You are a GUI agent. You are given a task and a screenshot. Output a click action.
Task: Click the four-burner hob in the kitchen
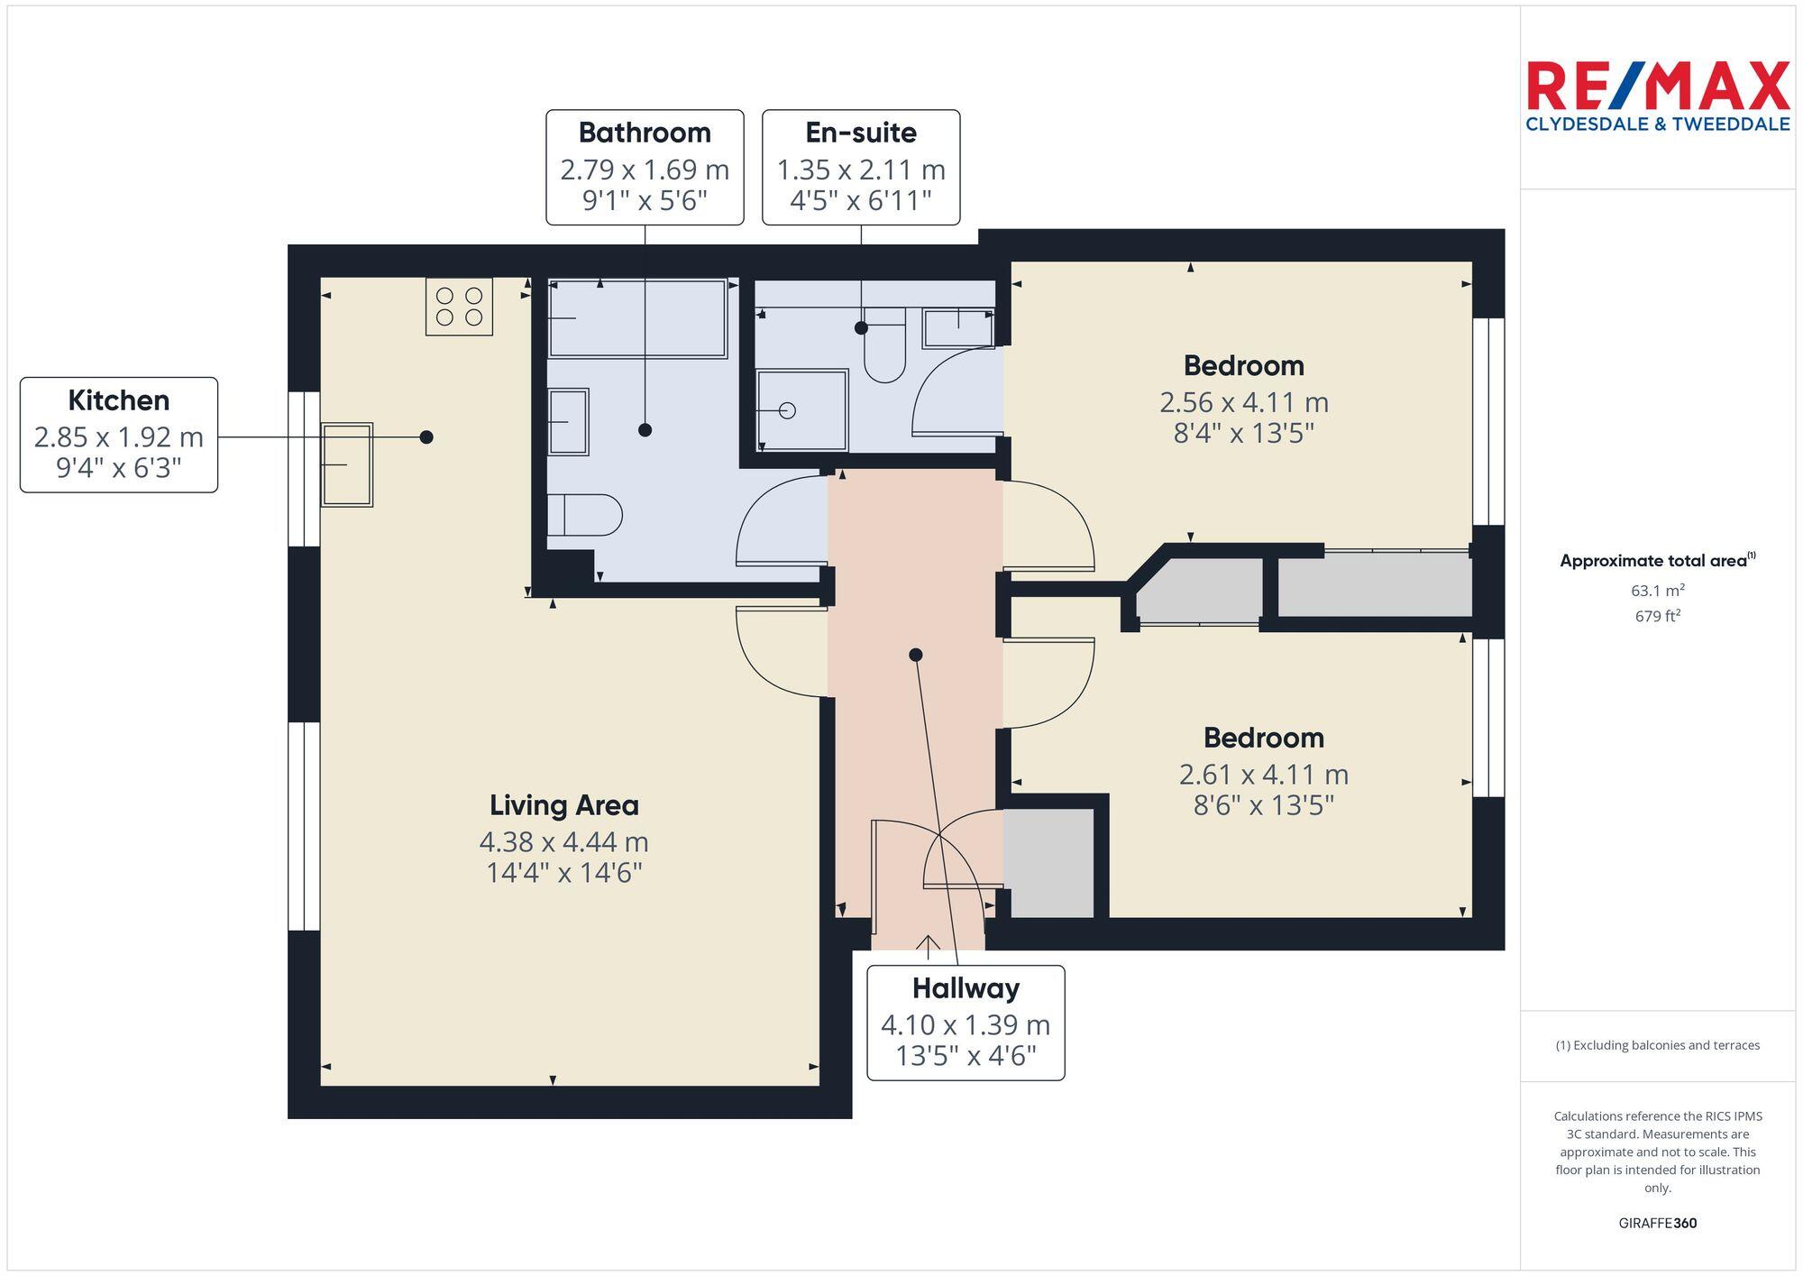click(459, 307)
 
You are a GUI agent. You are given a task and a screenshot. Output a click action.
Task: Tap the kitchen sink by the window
click(347, 464)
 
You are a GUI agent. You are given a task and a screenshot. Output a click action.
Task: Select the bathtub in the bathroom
click(637, 318)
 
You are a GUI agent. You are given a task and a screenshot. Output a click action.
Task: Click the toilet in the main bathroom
click(586, 515)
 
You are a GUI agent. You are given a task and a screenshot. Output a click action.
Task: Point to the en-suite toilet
click(884, 347)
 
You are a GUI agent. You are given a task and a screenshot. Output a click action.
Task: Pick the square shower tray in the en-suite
click(801, 410)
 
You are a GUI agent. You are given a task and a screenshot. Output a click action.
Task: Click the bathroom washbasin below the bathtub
click(568, 421)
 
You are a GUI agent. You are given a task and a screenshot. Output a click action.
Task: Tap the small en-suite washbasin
click(957, 328)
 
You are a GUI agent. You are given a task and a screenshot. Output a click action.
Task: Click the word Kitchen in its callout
click(118, 400)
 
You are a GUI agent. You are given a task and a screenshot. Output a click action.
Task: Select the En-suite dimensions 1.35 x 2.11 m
click(861, 170)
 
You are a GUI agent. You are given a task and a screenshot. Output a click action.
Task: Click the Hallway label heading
click(966, 988)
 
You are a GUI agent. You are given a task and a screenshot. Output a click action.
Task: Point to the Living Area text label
click(563, 805)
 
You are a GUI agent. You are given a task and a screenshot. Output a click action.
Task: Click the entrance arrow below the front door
click(928, 943)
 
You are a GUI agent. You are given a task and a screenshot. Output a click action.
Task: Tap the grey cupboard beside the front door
click(1048, 863)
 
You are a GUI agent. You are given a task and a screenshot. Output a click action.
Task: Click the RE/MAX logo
click(1657, 96)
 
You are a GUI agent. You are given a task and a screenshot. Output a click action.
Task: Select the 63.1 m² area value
click(1657, 591)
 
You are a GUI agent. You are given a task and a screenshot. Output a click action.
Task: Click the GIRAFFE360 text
click(1657, 1223)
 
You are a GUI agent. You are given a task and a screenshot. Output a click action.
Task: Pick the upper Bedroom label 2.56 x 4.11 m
click(1243, 402)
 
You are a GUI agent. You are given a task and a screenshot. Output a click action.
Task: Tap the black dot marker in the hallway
click(916, 655)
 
